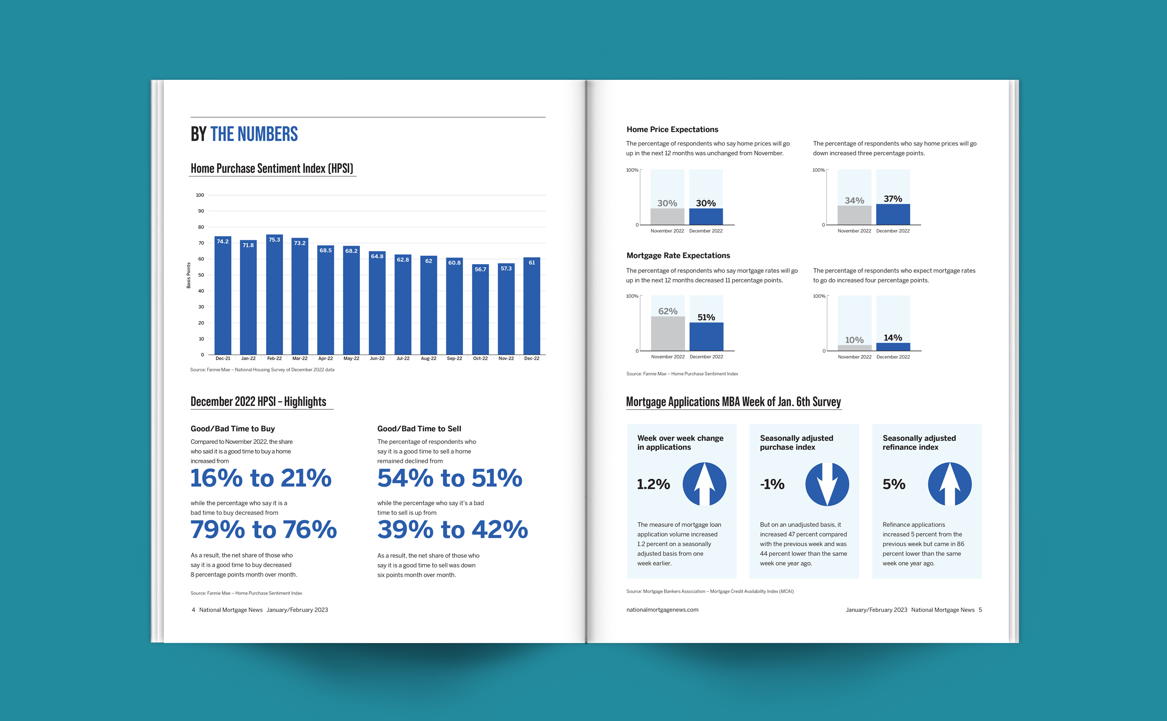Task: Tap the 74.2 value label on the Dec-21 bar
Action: (x=223, y=242)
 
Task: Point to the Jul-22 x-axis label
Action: (x=403, y=358)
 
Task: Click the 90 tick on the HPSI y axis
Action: (x=201, y=211)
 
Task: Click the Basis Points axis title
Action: (x=189, y=275)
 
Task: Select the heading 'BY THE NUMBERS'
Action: (x=244, y=134)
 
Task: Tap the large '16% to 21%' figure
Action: (x=261, y=478)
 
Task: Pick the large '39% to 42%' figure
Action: (x=453, y=530)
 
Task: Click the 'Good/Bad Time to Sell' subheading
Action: (x=419, y=429)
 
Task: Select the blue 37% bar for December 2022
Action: (x=893, y=215)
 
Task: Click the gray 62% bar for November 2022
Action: (x=668, y=334)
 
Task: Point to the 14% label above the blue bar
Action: (x=893, y=337)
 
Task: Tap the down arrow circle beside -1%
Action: (x=827, y=484)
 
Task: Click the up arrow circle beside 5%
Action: (x=949, y=484)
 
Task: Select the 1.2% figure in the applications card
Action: (x=654, y=484)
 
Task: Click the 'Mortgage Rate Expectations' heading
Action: (x=678, y=256)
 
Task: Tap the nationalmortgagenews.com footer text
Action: (x=662, y=610)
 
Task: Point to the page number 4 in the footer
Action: (x=193, y=610)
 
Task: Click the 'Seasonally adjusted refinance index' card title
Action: (x=919, y=442)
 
